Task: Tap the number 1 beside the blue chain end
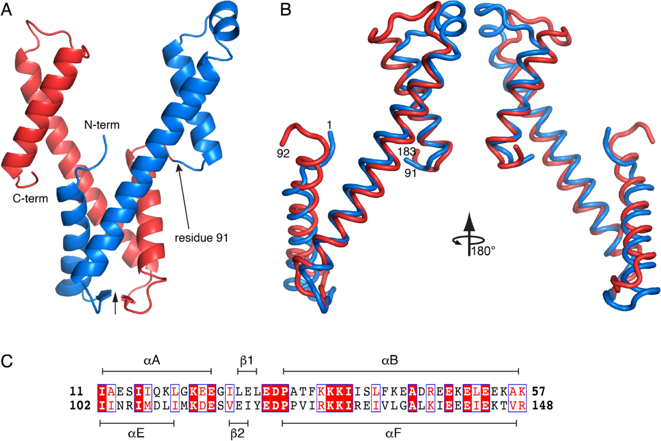328,126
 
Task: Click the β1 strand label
246,361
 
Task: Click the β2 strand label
239,434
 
